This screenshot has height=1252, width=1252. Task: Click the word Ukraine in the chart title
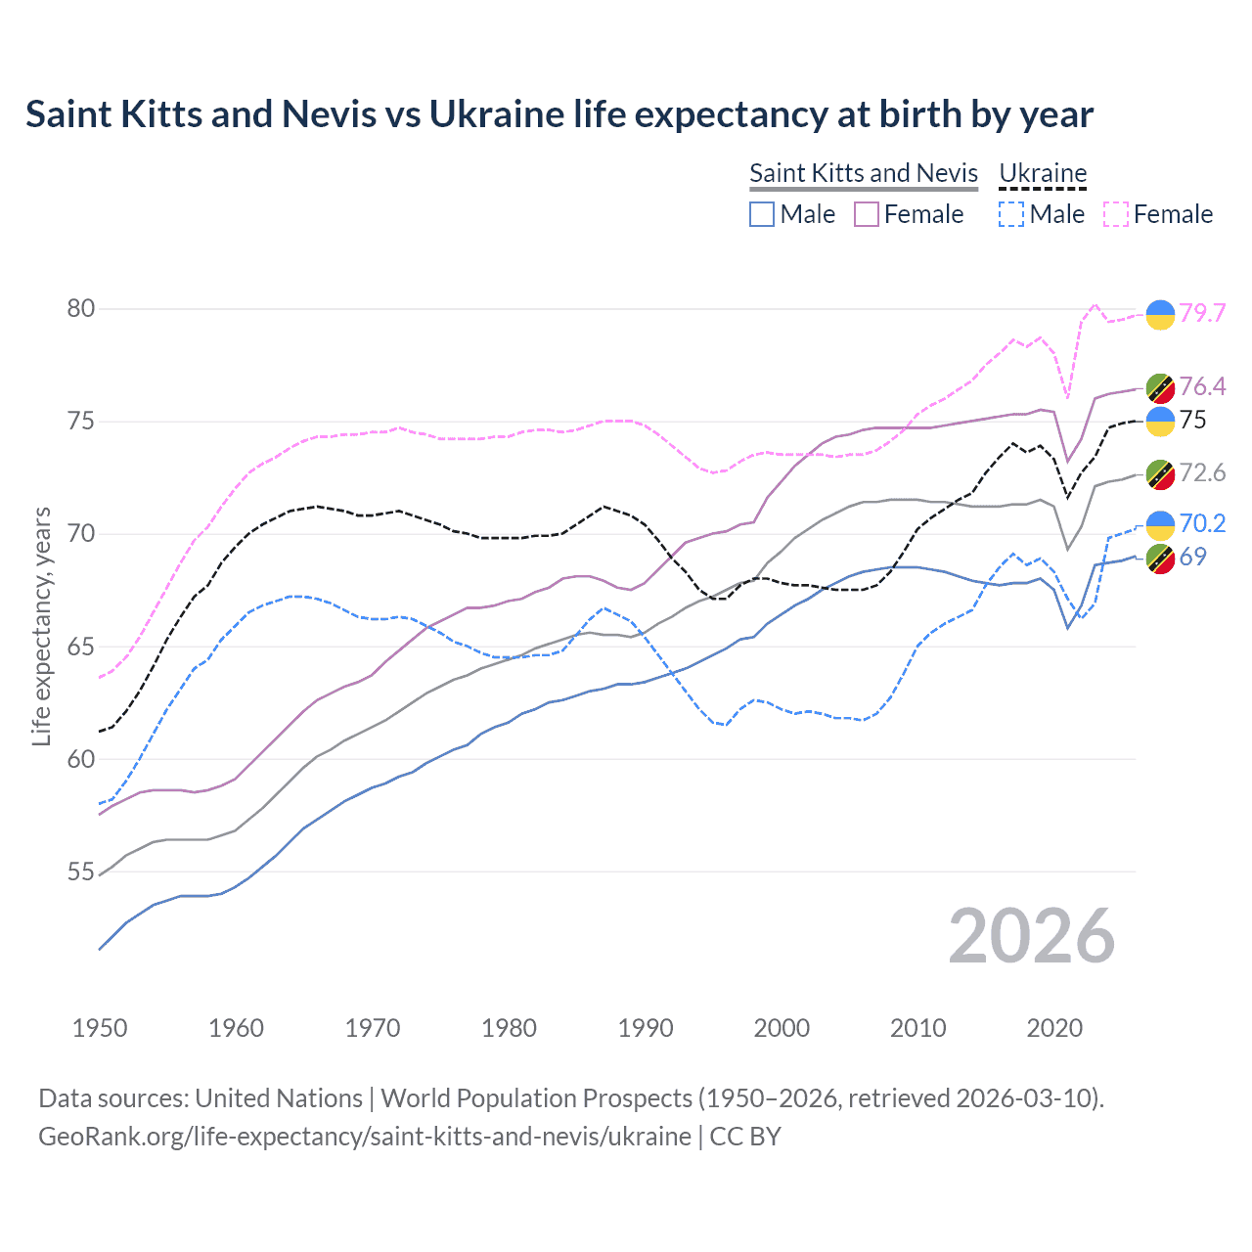[x=497, y=114]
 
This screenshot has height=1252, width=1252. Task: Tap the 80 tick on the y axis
[x=81, y=309]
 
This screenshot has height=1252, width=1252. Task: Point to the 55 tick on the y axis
[x=81, y=872]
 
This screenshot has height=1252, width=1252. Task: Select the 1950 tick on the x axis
[x=100, y=1028]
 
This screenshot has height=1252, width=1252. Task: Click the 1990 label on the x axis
[x=646, y=1028]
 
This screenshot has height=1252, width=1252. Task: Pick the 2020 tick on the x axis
[x=1054, y=1028]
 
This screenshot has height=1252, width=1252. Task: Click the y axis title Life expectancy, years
[x=41, y=626]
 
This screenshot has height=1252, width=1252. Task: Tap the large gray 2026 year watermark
[x=1031, y=936]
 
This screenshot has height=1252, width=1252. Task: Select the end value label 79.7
[x=1202, y=313]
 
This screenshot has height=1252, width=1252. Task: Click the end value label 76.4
[x=1202, y=386]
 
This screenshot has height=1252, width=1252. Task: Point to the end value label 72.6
[x=1202, y=473]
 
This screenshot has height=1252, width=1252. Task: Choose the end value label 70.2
[x=1202, y=523]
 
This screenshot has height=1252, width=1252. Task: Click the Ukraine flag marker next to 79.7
[x=1160, y=314]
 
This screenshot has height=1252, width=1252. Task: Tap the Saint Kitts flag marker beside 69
[x=1160, y=559]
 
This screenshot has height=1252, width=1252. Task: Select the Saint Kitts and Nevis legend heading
[x=864, y=173]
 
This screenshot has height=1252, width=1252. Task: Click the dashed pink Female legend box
[x=1116, y=214]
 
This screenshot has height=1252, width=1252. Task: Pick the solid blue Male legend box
[x=762, y=214]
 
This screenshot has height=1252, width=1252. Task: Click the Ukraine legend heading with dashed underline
[x=1043, y=173]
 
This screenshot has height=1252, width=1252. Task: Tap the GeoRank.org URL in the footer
[x=365, y=1137]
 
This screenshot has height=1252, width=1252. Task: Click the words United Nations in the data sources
[x=279, y=1098]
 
